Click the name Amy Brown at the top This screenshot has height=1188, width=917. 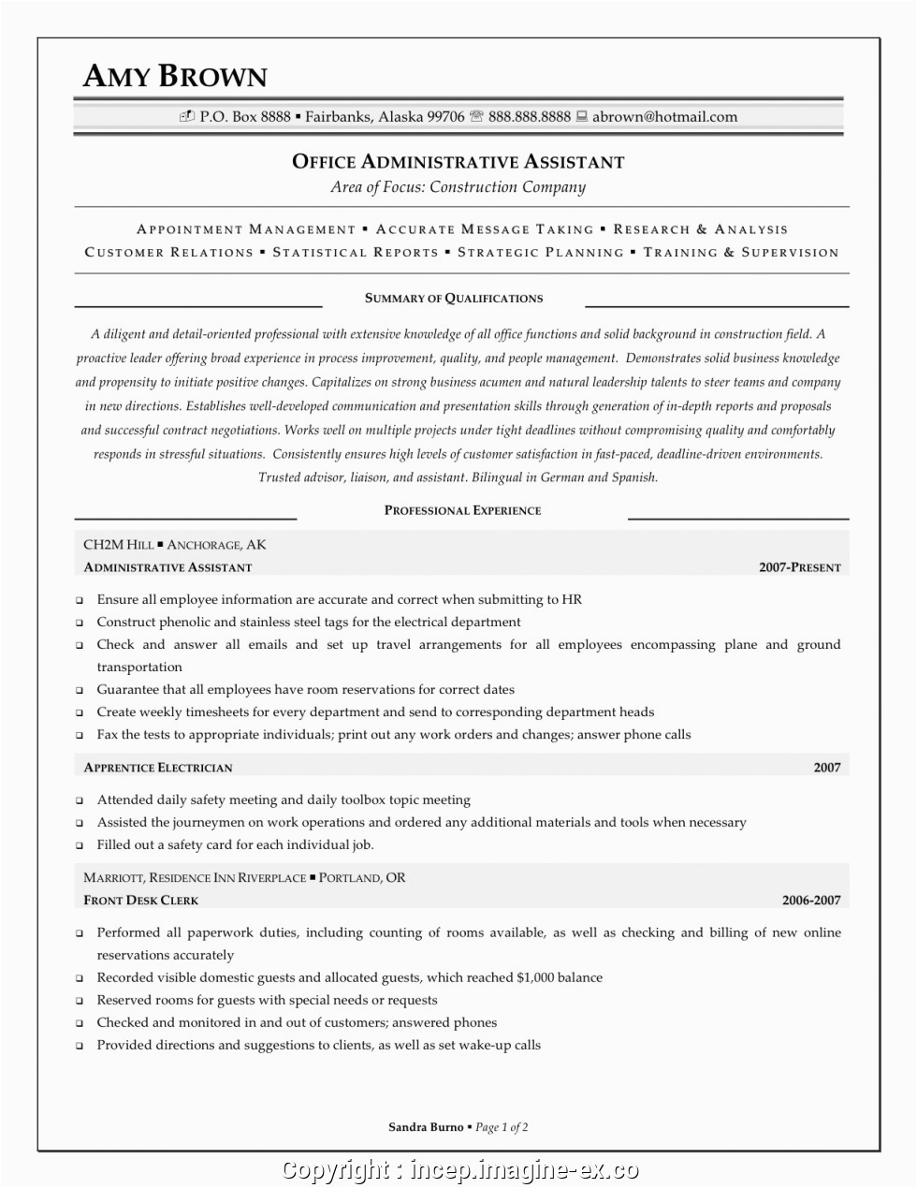click(175, 77)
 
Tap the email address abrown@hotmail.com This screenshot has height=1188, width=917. click(664, 117)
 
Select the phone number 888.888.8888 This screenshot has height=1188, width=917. click(529, 117)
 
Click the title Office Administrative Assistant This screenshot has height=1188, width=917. click(458, 162)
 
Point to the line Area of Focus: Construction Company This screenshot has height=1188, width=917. click(458, 187)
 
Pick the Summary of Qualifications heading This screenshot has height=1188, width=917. click(454, 299)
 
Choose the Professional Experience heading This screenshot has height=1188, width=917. click(462, 511)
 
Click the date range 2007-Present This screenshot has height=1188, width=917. click(799, 567)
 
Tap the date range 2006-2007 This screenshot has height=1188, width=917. click(811, 901)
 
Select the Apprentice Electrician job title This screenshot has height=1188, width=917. click(158, 768)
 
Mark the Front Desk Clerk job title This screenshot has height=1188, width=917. click(141, 901)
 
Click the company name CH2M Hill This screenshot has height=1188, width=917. click(118, 545)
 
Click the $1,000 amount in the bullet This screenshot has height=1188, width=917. click(535, 977)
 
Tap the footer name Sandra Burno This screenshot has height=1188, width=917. click(426, 1127)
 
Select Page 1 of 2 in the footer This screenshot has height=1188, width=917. click(502, 1127)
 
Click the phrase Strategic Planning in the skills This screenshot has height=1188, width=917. click(540, 253)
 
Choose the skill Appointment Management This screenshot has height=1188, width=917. click(246, 229)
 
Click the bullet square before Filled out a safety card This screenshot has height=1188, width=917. click(80, 845)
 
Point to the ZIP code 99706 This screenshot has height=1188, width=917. click(445, 117)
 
